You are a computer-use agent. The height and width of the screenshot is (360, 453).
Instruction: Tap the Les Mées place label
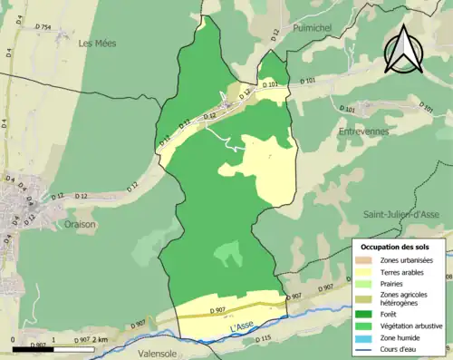coord(99,43)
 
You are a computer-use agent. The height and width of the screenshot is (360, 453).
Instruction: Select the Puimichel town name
coord(313,29)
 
